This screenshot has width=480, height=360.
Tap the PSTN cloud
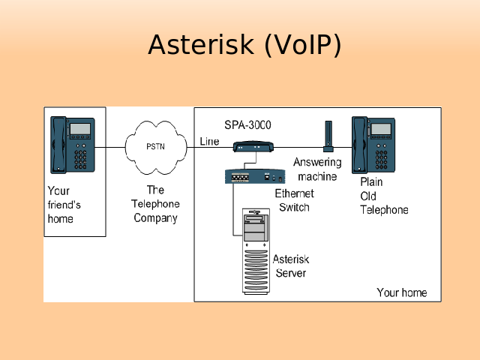point(156,145)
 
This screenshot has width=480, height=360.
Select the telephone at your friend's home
point(73,144)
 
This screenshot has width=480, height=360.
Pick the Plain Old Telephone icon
point(374,144)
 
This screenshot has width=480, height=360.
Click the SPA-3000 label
point(247,124)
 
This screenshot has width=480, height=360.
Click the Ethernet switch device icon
point(256,177)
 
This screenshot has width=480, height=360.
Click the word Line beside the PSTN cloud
point(210,142)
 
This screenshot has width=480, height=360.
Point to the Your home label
point(401,292)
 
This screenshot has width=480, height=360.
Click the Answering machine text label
point(317,169)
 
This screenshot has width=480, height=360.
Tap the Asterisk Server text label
point(291,265)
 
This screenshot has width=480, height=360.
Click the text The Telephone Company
point(155,204)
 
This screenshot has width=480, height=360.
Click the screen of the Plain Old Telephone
point(381,129)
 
